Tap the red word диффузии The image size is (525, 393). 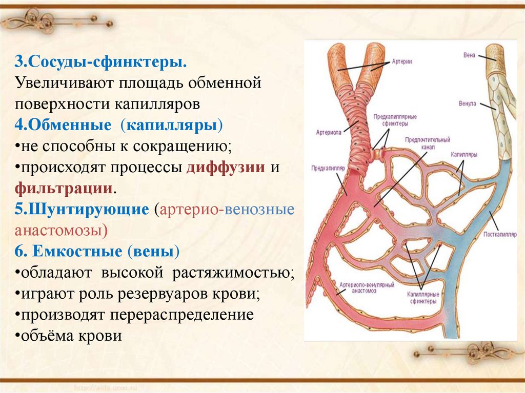pyautogui.click(x=226, y=168)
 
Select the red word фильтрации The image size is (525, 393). pyautogui.click(x=64, y=188)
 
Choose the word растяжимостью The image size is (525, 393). pyautogui.click(x=233, y=272)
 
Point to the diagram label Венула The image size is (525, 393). pyautogui.click(x=467, y=104)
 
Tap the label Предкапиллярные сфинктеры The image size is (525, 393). pyautogui.click(x=394, y=120)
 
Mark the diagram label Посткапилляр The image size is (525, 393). pyautogui.click(x=497, y=235)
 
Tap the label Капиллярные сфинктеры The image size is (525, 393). pyautogui.click(x=422, y=298)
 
